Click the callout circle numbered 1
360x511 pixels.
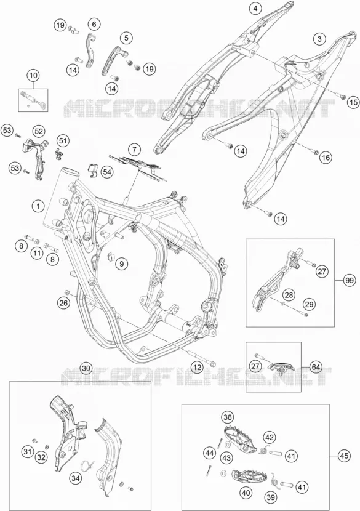pyautogui.click(x=38, y=206)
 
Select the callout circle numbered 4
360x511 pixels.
pyautogui.click(x=255, y=9)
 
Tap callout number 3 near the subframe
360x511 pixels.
pyautogui.click(x=319, y=39)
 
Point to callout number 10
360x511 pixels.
pyautogui.click(x=33, y=76)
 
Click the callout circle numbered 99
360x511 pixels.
pyautogui.click(x=350, y=281)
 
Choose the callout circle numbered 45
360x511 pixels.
pyautogui.click(x=344, y=456)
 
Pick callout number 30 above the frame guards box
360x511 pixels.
pyautogui.click(x=86, y=369)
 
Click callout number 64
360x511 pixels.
pyautogui.click(x=315, y=367)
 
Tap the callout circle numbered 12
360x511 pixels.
pyautogui.click(x=196, y=368)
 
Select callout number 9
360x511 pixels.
pyautogui.click(x=121, y=264)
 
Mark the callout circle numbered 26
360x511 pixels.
pyautogui.click(x=63, y=303)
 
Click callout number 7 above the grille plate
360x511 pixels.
pyautogui.click(x=134, y=150)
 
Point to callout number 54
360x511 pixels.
pyautogui.click(x=107, y=172)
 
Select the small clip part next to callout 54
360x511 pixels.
pyautogui.click(x=92, y=170)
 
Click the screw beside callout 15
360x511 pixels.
pyautogui.click(x=342, y=96)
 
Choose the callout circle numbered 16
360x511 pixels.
pyautogui.click(x=325, y=158)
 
